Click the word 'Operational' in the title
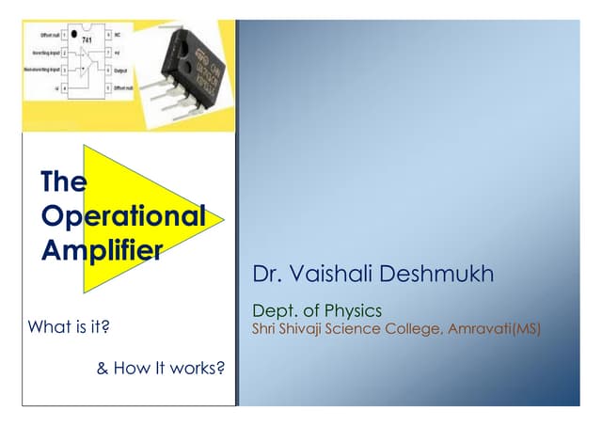123,215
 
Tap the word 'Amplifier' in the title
103,249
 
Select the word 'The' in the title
64,181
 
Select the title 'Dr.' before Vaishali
264,274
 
